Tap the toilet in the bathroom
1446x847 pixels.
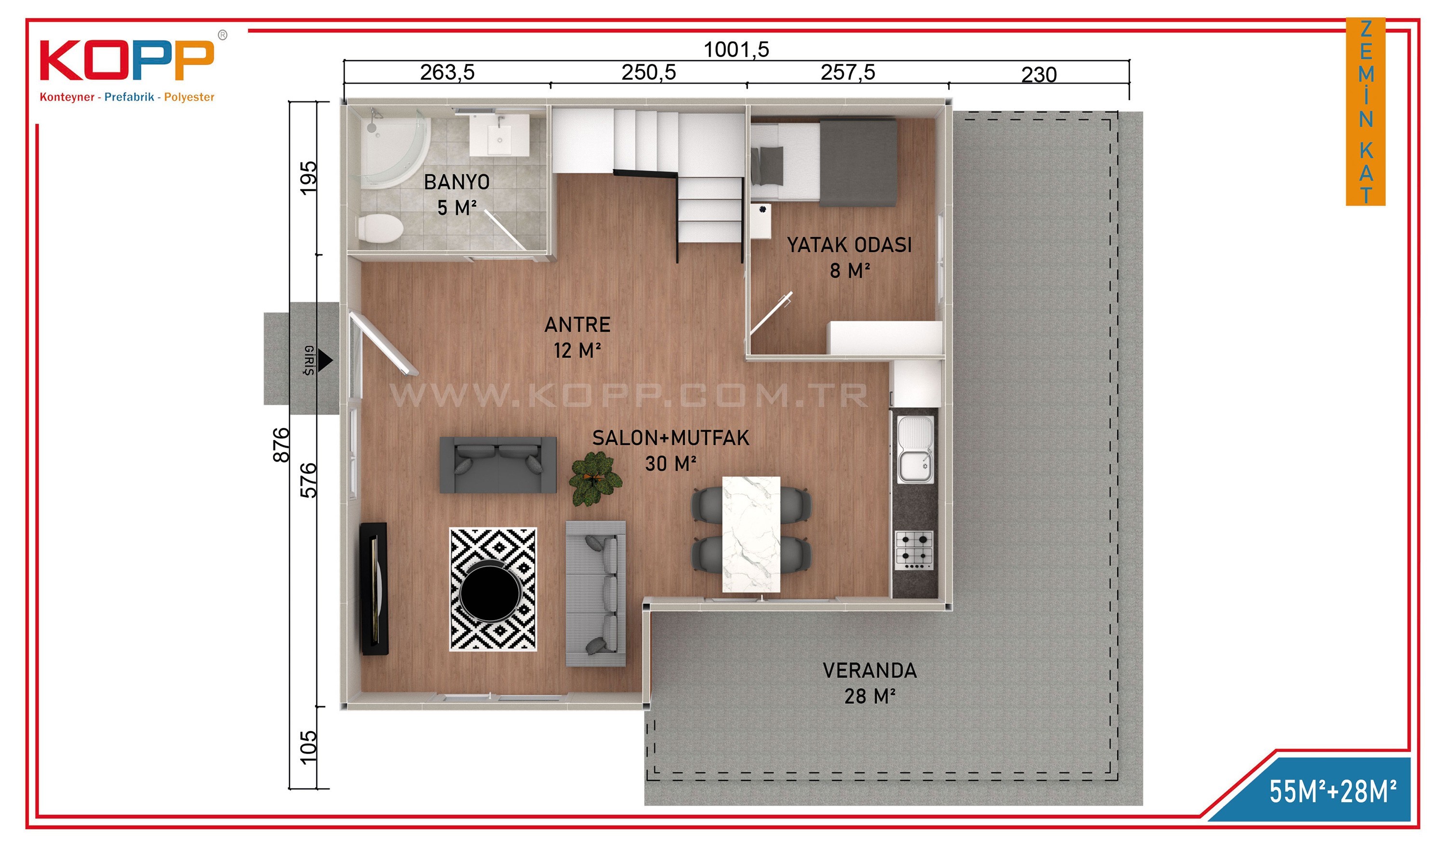[x=380, y=228]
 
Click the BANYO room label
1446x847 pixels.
[x=457, y=182]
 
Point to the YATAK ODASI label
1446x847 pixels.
[x=849, y=245]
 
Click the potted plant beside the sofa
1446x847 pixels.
[x=595, y=479]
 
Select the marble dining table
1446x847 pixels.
[x=751, y=534]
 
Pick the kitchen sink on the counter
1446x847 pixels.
[x=915, y=449]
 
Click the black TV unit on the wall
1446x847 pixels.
[x=374, y=589]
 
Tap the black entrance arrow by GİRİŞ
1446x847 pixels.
[x=325, y=360]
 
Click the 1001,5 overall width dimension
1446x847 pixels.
[x=736, y=50]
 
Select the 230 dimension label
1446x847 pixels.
[x=1039, y=75]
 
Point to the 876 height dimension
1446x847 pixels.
[x=281, y=445]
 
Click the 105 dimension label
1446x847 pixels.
[x=308, y=747]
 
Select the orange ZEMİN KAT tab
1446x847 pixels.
[x=1366, y=112]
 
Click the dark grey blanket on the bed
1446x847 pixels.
[x=858, y=162]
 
